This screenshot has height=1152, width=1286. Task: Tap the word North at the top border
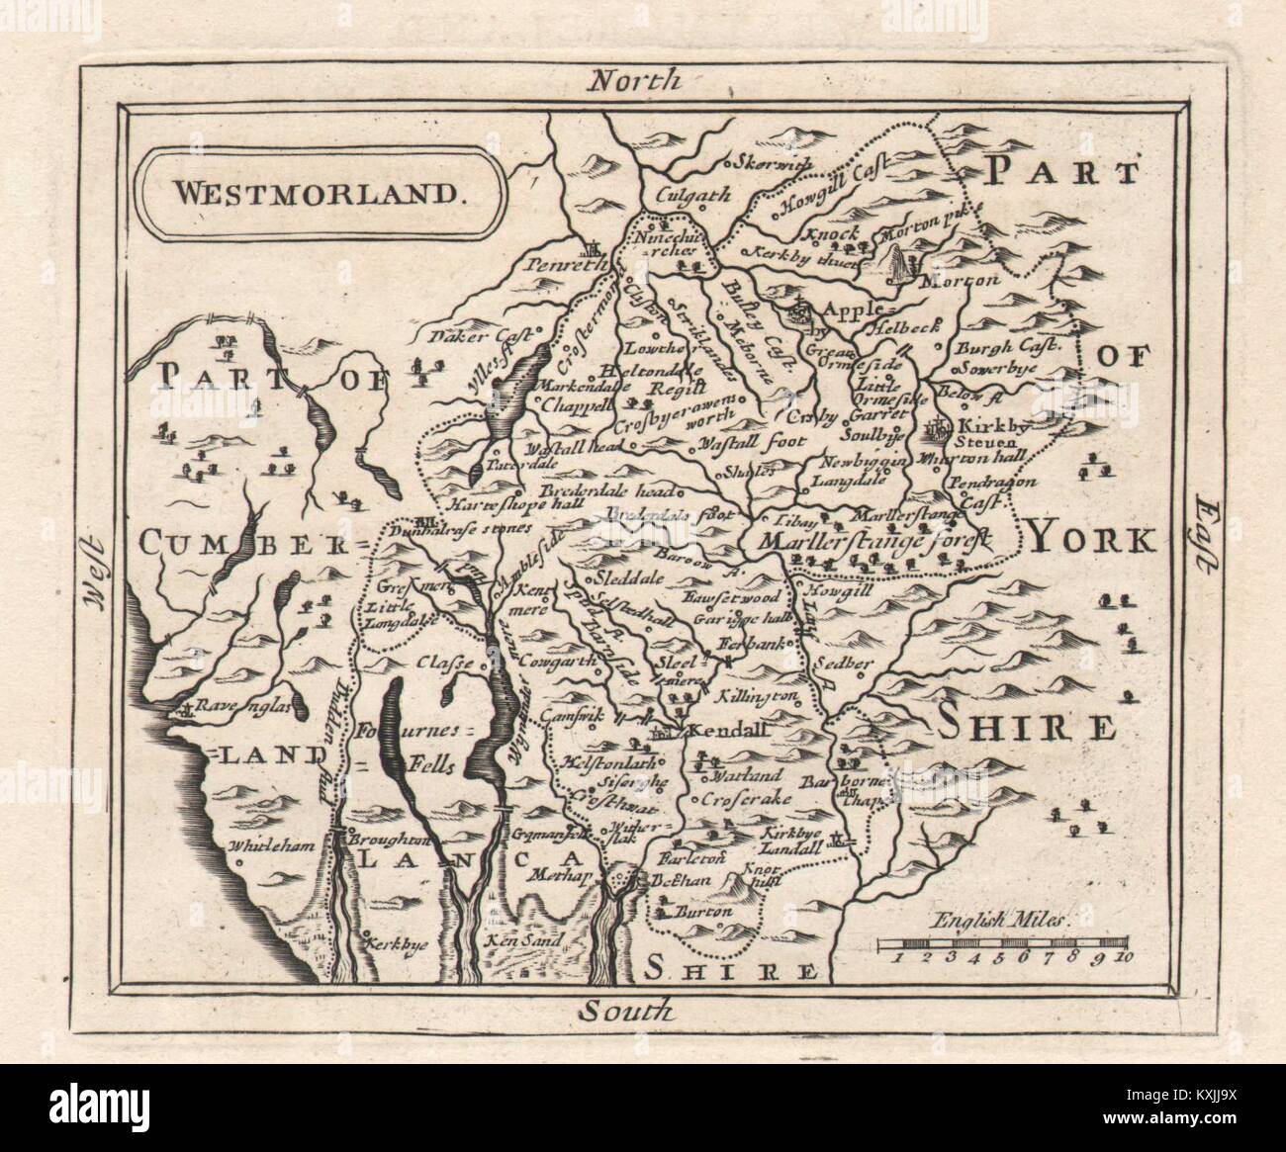pyautogui.click(x=633, y=79)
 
